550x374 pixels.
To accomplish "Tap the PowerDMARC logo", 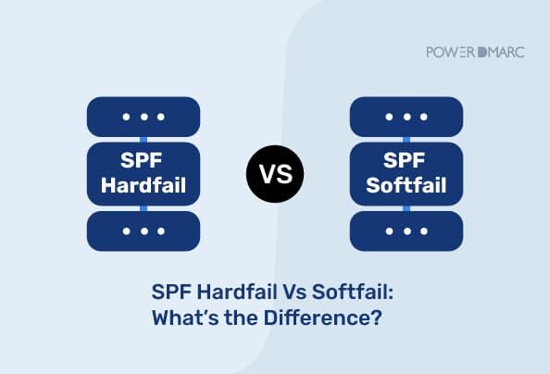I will tap(474, 52).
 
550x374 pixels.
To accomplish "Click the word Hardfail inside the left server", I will tap(144, 185).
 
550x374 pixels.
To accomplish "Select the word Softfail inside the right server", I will tap(406, 185).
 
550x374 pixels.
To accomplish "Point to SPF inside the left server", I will tap(144, 159).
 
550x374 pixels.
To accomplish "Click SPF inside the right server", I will tap(406, 159).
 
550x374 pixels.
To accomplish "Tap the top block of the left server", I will tap(144, 117).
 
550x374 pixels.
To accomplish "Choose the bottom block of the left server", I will tap(144, 231).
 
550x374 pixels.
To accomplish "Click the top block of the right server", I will tap(406, 117).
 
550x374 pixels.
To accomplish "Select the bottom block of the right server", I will tap(406, 231).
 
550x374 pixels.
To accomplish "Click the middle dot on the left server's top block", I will tap(144, 117).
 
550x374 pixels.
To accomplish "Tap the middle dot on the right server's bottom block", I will tap(406, 231).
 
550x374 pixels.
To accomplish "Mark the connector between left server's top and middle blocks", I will tap(144, 139).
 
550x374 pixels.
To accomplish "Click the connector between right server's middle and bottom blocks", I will tap(406, 207).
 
